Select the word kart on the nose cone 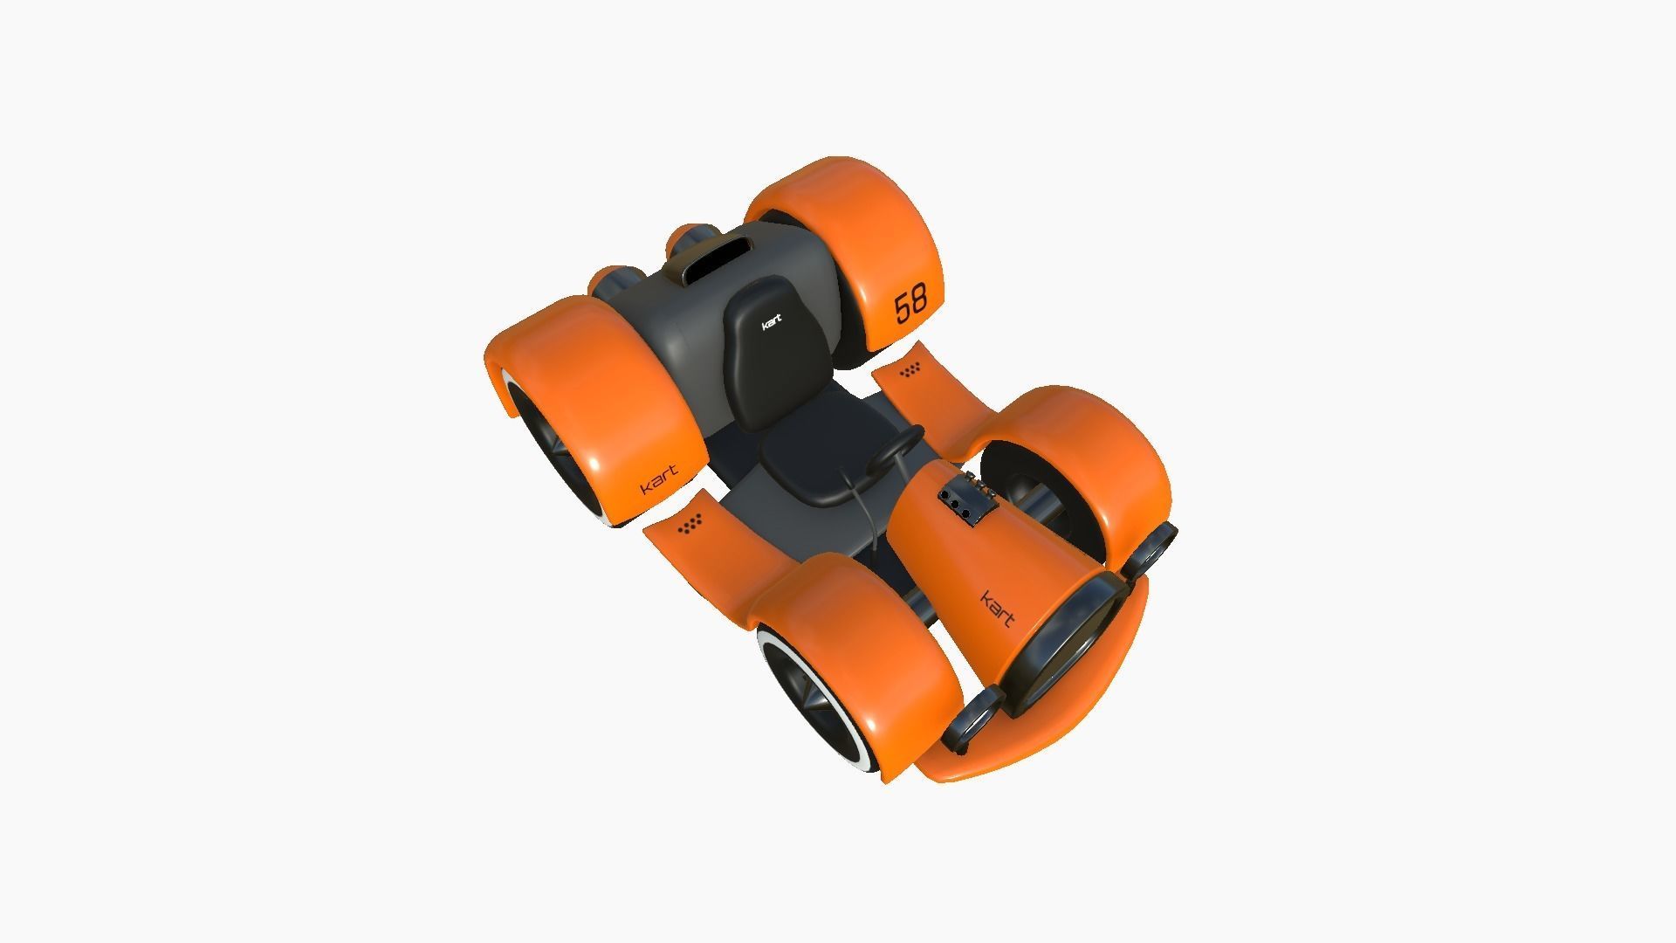998,609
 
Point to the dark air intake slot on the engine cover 718,254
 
